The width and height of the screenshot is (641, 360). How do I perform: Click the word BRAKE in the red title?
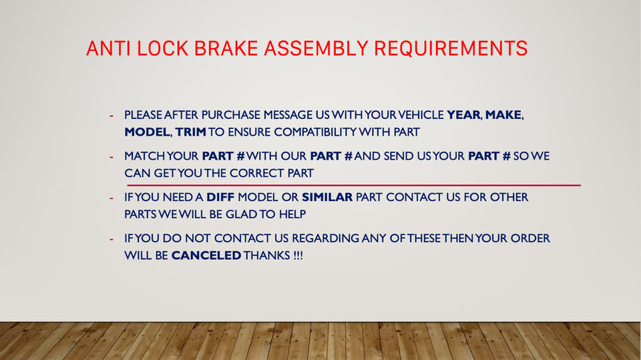[x=226, y=48]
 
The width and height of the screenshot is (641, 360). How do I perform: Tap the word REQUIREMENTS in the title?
[x=451, y=48]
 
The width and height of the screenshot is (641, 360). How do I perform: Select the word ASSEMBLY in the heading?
[x=316, y=48]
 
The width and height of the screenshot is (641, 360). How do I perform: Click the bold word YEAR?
[x=463, y=115]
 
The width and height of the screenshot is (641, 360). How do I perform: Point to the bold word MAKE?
[x=503, y=115]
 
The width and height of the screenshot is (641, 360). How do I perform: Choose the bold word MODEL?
[x=147, y=132]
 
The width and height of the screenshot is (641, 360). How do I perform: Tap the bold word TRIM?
[x=191, y=132]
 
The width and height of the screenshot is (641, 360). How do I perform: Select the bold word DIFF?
[x=220, y=197]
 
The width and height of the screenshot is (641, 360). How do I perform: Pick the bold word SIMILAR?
[x=327, y=197]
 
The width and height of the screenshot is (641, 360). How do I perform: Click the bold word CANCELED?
[x=206, y=255]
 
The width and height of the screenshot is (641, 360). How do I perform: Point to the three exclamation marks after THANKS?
[x=298, y=255]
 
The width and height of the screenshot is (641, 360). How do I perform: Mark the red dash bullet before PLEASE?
[x=112, y=116]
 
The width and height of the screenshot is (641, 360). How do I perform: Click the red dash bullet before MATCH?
[x=112, y=157]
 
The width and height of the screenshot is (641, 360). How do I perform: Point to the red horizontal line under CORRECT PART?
[x=354, y=185]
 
